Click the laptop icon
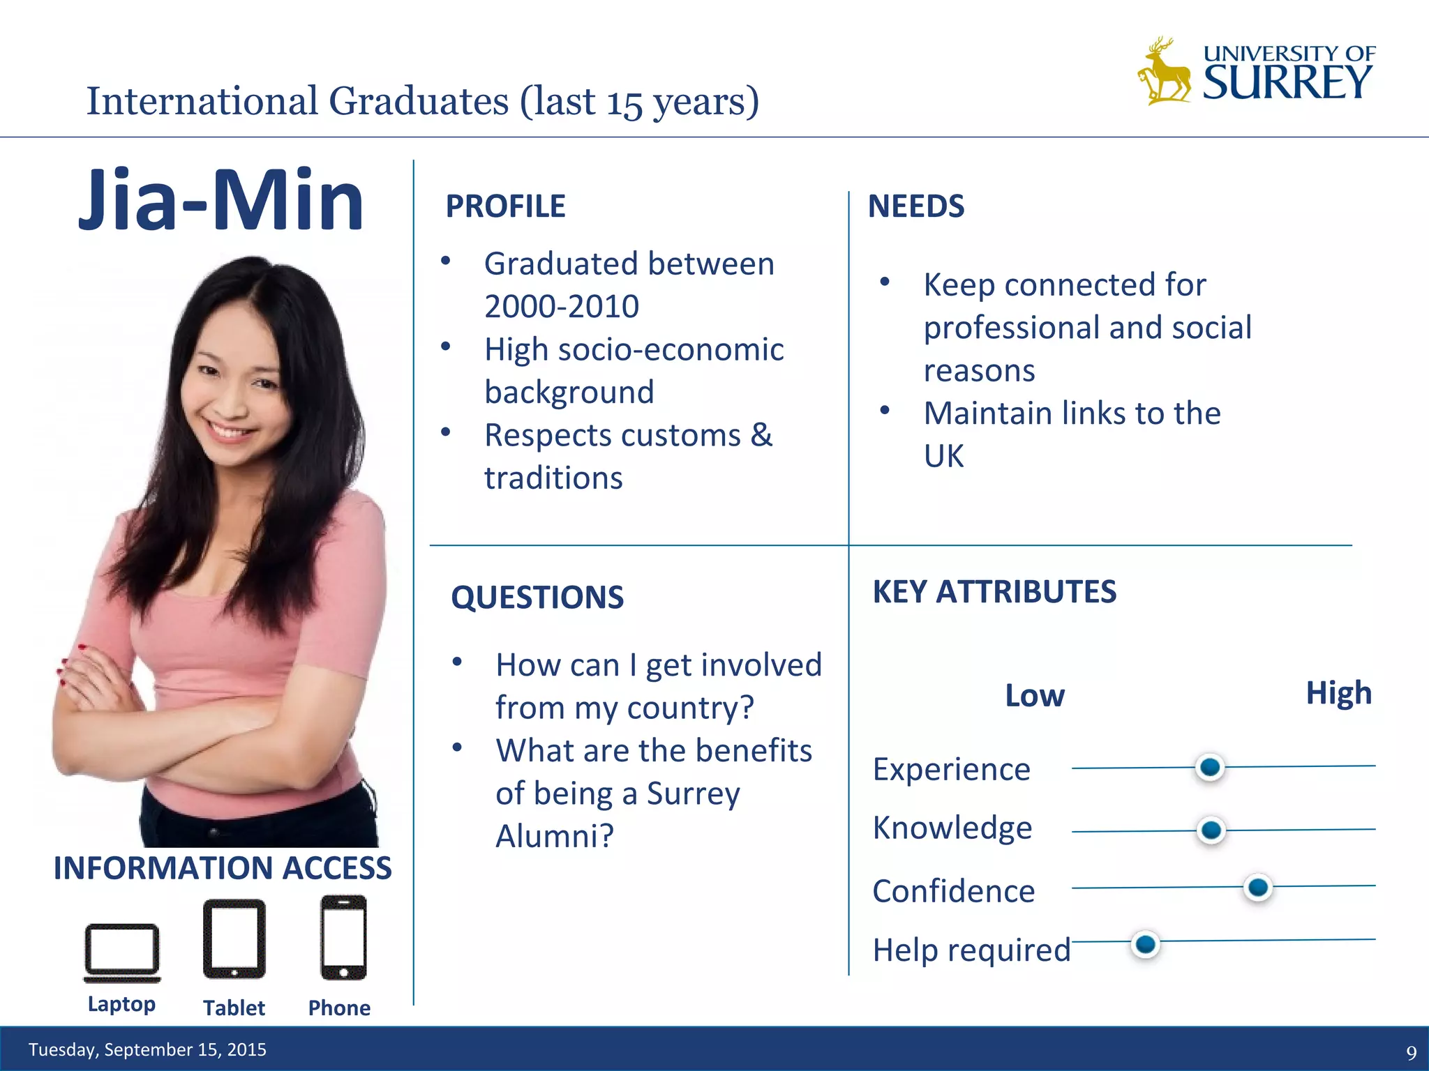click(x=122, y=952)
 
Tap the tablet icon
click(x=234, y=939)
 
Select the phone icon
click(x=343, y=937)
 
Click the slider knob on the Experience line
click(x=1210, y=767)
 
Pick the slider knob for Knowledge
click(x=1211, y=830)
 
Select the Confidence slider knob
click(x=1258, y=887)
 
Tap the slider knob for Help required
click(x=1145, y=944)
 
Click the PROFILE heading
click(x=505, y=206)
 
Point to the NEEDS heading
click(x=915, y=206)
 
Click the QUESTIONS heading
click(x=537, y=598)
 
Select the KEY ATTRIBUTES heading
click(x=994, y=592)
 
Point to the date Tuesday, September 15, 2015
click(x=147, y=1049)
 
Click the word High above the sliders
click(x=1338, y=693)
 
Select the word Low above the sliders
click(x=1034, y=696)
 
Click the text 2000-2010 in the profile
click(x=562, y=306)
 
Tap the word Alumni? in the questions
click(x=555, y=836)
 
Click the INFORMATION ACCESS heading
click(x=223, y=868)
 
